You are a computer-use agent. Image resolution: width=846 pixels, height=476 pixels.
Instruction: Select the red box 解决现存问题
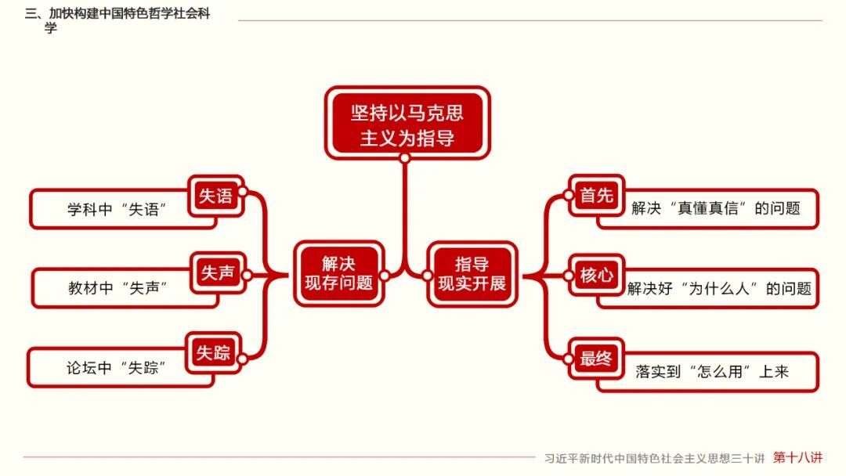[x=338, y=273]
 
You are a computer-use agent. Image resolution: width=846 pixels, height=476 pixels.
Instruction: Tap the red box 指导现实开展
[x=472, y=273]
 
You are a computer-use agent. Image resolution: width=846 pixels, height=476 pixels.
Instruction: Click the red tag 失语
[x=215, y=196]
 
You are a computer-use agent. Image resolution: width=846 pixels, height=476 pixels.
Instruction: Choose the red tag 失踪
[x=213, y=353]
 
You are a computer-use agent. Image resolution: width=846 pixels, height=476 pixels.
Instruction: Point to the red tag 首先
[x=596, y=196]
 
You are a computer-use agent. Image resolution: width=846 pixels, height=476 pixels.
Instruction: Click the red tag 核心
[x=596, y=275]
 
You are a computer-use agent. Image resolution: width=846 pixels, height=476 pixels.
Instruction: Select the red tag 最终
[x=596, y=359]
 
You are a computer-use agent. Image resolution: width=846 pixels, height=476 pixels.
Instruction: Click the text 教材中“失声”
[x=117, y=288]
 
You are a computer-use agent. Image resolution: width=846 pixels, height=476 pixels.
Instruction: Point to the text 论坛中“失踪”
[x=114, y=367]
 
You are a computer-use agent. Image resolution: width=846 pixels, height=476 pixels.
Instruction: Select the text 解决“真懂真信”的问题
[x=716, y=208]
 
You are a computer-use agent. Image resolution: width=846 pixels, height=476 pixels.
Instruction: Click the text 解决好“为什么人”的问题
[x=719, y=289]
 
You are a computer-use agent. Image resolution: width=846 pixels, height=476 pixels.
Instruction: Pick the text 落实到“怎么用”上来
[x=712, y=372]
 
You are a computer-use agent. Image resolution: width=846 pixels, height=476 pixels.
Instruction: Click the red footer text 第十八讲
[x=798, y=457]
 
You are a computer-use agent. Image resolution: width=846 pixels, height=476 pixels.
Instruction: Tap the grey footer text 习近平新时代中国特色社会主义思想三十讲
[x=656, y=458]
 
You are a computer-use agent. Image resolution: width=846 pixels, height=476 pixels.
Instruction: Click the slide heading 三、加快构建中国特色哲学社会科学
[x=117, y=20]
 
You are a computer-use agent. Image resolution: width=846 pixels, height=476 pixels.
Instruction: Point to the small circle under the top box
[x=404, y=158]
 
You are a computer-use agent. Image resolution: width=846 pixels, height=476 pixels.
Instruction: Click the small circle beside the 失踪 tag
[x=242, y=359]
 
